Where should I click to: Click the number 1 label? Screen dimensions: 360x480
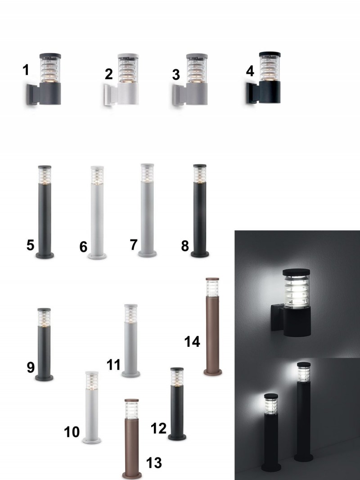point(26,70)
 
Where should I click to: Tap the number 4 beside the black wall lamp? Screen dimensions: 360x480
point(250,71)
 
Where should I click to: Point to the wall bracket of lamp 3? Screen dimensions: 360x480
point(179,95)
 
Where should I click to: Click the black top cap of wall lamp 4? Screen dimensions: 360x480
point(270,54)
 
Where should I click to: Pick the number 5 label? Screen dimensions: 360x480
point(30,245)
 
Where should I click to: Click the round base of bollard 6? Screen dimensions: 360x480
point(97,256)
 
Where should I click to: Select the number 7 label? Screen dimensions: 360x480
point(134,245)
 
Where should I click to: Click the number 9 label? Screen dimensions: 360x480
point(31,367)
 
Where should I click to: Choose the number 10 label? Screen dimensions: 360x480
point(72,432)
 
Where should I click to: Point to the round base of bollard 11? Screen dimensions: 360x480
point(130,374)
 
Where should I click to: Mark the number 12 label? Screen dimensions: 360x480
point(158,428)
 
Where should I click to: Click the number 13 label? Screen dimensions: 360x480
point(153,463)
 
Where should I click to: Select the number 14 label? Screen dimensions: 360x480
point(192,341)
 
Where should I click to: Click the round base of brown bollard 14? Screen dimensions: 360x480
point(213,372)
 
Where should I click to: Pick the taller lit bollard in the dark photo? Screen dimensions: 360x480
point(304,412)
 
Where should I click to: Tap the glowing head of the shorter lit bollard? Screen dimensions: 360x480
point(271,405)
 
